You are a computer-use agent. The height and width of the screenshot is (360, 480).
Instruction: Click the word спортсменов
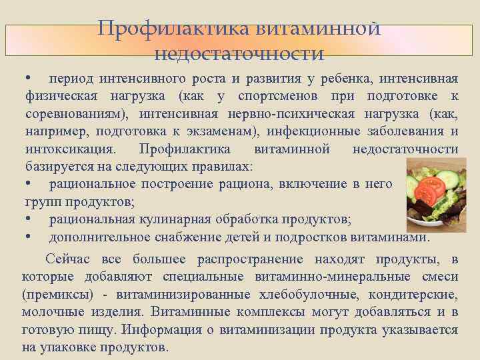point(270,97)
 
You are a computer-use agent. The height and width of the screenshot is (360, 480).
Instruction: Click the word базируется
point(56,166)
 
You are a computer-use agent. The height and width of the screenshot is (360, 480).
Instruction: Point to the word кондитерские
point(416,295)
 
